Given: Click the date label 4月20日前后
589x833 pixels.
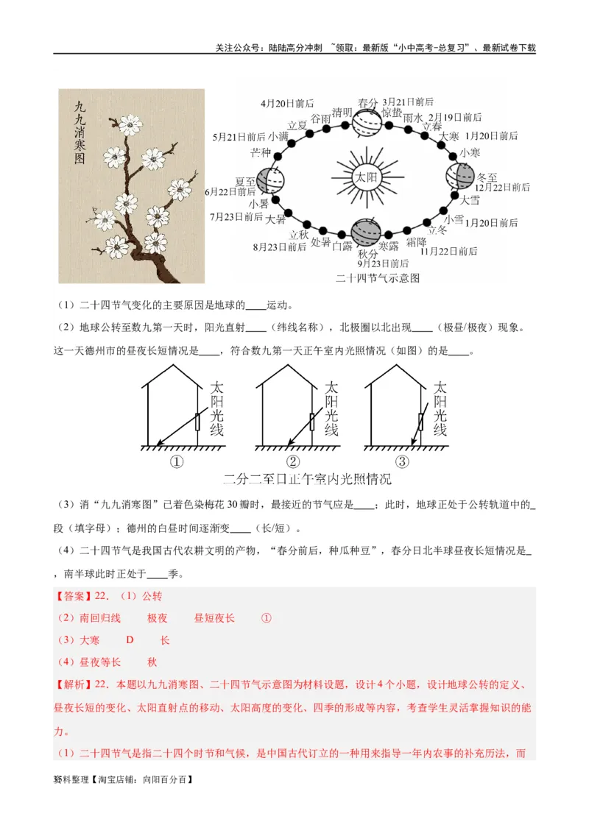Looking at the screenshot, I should tap(287, 104).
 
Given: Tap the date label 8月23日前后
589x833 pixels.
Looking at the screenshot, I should tap(280, 247).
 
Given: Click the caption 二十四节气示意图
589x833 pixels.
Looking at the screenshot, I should tap(377, 278).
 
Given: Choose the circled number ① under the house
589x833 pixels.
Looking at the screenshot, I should tap(177, 462).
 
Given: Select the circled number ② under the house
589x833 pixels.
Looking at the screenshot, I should tap(293, 462).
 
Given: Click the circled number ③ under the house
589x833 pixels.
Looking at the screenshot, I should tap(401, 462).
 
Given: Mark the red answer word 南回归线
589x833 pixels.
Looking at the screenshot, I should tap(100, 618).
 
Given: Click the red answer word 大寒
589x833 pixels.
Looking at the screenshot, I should tap(90, 640).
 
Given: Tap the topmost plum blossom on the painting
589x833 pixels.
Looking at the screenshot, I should tap(130, 124).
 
